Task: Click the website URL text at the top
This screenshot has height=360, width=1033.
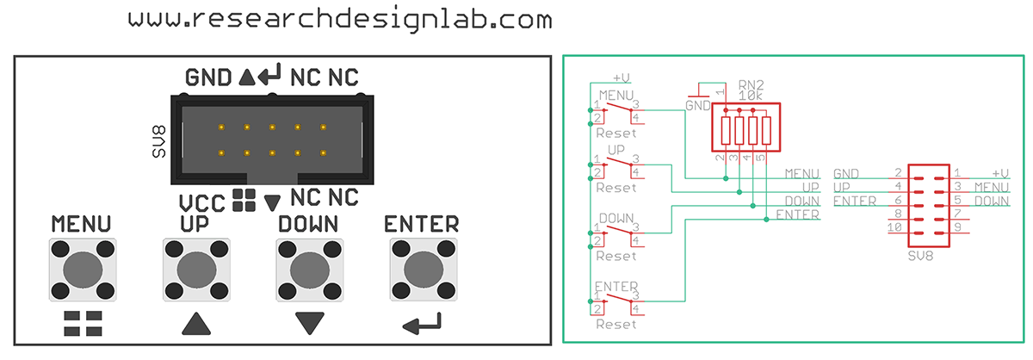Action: (340, 20)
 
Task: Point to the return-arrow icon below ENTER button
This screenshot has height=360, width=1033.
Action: (422, 324)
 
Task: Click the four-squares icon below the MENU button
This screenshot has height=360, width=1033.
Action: (83, 324)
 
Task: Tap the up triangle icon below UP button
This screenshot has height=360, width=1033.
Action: (196, 324)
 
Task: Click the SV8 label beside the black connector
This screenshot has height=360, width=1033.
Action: (158, 140)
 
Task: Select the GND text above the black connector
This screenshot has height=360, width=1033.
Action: (208, 78)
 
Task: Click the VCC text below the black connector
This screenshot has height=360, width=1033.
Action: (202, 203)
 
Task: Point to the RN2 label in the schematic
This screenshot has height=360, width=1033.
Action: (752, 84)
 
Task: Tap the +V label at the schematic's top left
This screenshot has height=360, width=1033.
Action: (622, 77)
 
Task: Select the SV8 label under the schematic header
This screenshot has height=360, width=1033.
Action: (921, 257)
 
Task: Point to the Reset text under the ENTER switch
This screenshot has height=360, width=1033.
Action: (616, 324)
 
